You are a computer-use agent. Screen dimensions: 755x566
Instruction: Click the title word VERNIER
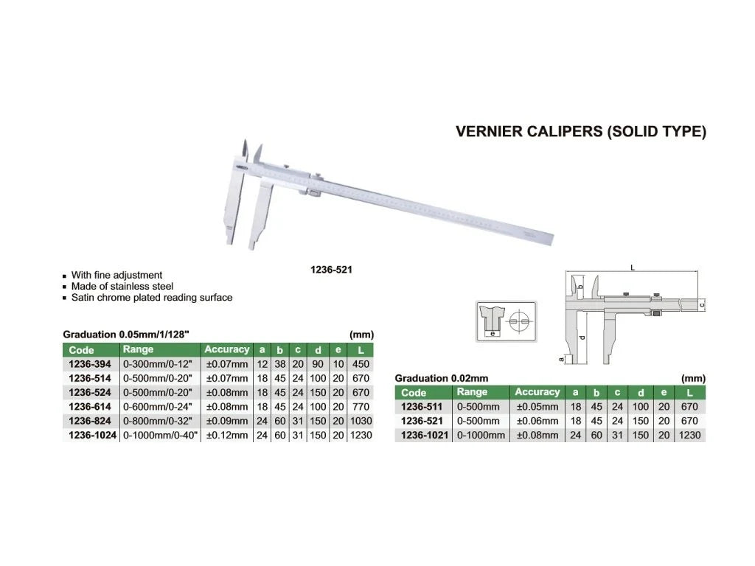point(488,131)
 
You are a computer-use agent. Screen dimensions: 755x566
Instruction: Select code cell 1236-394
point(90,364)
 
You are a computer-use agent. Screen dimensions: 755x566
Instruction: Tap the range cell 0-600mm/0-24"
point(158,407)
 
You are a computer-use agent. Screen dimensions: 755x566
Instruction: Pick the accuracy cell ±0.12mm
point(227,435)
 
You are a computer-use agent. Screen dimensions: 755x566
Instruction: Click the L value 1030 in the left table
point(361,421)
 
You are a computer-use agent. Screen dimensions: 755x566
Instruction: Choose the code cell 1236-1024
point(92,435)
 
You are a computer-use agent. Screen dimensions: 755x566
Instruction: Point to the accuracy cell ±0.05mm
point(537,407)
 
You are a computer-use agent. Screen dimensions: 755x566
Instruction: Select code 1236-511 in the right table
point(422,407)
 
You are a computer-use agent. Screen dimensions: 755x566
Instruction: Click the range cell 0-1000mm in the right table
point(481,435)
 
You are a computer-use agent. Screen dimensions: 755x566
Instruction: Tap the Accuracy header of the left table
point(227,349)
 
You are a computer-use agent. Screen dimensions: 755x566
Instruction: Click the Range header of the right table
point(472,392)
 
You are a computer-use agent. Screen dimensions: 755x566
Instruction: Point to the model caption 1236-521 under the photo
point(331,270)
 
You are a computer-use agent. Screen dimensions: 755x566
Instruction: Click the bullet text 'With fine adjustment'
point(116,276)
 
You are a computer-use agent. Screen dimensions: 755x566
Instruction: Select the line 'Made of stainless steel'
point(122,287)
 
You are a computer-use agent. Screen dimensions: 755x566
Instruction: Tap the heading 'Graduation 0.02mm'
point(442,378)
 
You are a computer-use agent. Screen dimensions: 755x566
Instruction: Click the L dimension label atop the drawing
point(633,268)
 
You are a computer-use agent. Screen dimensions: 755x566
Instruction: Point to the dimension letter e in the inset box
point(492,333)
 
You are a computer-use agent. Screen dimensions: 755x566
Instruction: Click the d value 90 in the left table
point(318,364)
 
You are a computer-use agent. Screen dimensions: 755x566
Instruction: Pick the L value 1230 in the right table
point(689,435)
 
